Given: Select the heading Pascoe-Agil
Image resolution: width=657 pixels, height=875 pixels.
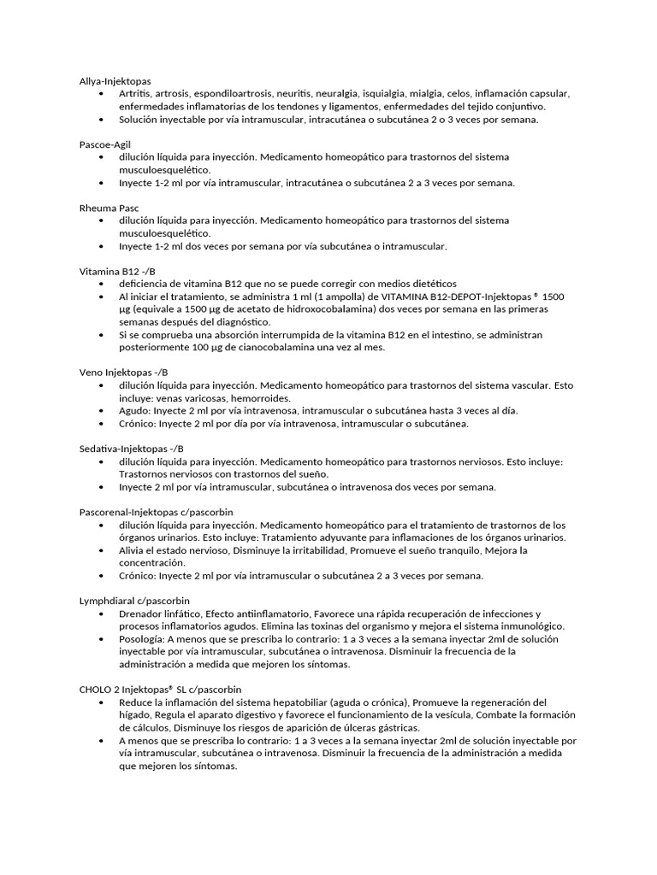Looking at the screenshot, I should coord(104,144).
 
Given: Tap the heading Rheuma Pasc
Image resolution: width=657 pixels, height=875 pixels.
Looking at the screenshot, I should coord(109,208).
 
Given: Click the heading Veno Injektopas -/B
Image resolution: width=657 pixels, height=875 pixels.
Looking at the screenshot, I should coord(123,373).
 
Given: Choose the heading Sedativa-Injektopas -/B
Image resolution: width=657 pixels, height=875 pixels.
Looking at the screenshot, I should coord(131,449).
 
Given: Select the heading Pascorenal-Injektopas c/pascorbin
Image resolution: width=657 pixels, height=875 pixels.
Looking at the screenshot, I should coord(156,512).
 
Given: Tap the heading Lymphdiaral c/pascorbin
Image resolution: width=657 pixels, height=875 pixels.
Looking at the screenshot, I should coord(134,601).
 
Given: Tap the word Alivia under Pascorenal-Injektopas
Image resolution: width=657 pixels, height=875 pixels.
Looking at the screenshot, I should coord(133,550).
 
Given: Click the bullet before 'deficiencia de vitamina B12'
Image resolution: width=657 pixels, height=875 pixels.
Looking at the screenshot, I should coord(102,284).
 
